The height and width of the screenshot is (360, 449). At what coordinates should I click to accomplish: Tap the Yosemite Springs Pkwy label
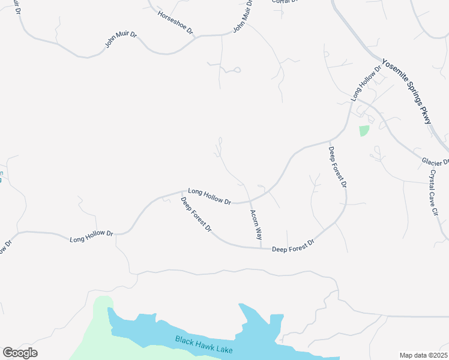click(407, 92)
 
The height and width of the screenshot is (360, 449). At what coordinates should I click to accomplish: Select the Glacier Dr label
click(435, 162)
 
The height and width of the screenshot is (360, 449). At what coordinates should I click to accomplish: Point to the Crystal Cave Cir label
click(435, 192)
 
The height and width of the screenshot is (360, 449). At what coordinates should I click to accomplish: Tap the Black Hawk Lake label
click(204, 345)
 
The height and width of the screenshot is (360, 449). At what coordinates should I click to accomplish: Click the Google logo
click(20, 353)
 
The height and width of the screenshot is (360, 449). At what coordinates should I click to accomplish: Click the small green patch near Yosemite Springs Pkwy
click(364, 130)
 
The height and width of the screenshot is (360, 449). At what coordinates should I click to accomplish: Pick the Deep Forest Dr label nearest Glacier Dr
click(337, 167)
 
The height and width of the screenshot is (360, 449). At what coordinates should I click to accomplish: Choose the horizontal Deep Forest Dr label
click(293, 245)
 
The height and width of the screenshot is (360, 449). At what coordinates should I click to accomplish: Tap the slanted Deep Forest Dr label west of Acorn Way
click(196, 214)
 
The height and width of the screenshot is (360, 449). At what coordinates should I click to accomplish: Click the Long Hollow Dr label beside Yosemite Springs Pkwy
click(367, 84)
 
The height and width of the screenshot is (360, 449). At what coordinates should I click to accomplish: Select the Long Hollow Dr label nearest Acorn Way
click(209, 196)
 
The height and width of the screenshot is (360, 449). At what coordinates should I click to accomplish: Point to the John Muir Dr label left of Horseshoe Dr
click(121, 40)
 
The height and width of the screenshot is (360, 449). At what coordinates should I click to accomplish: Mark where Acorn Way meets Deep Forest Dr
click(261, 247)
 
